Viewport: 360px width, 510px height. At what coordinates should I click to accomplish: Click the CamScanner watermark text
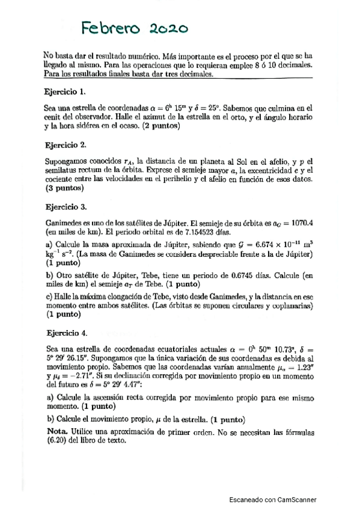(273, 499)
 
